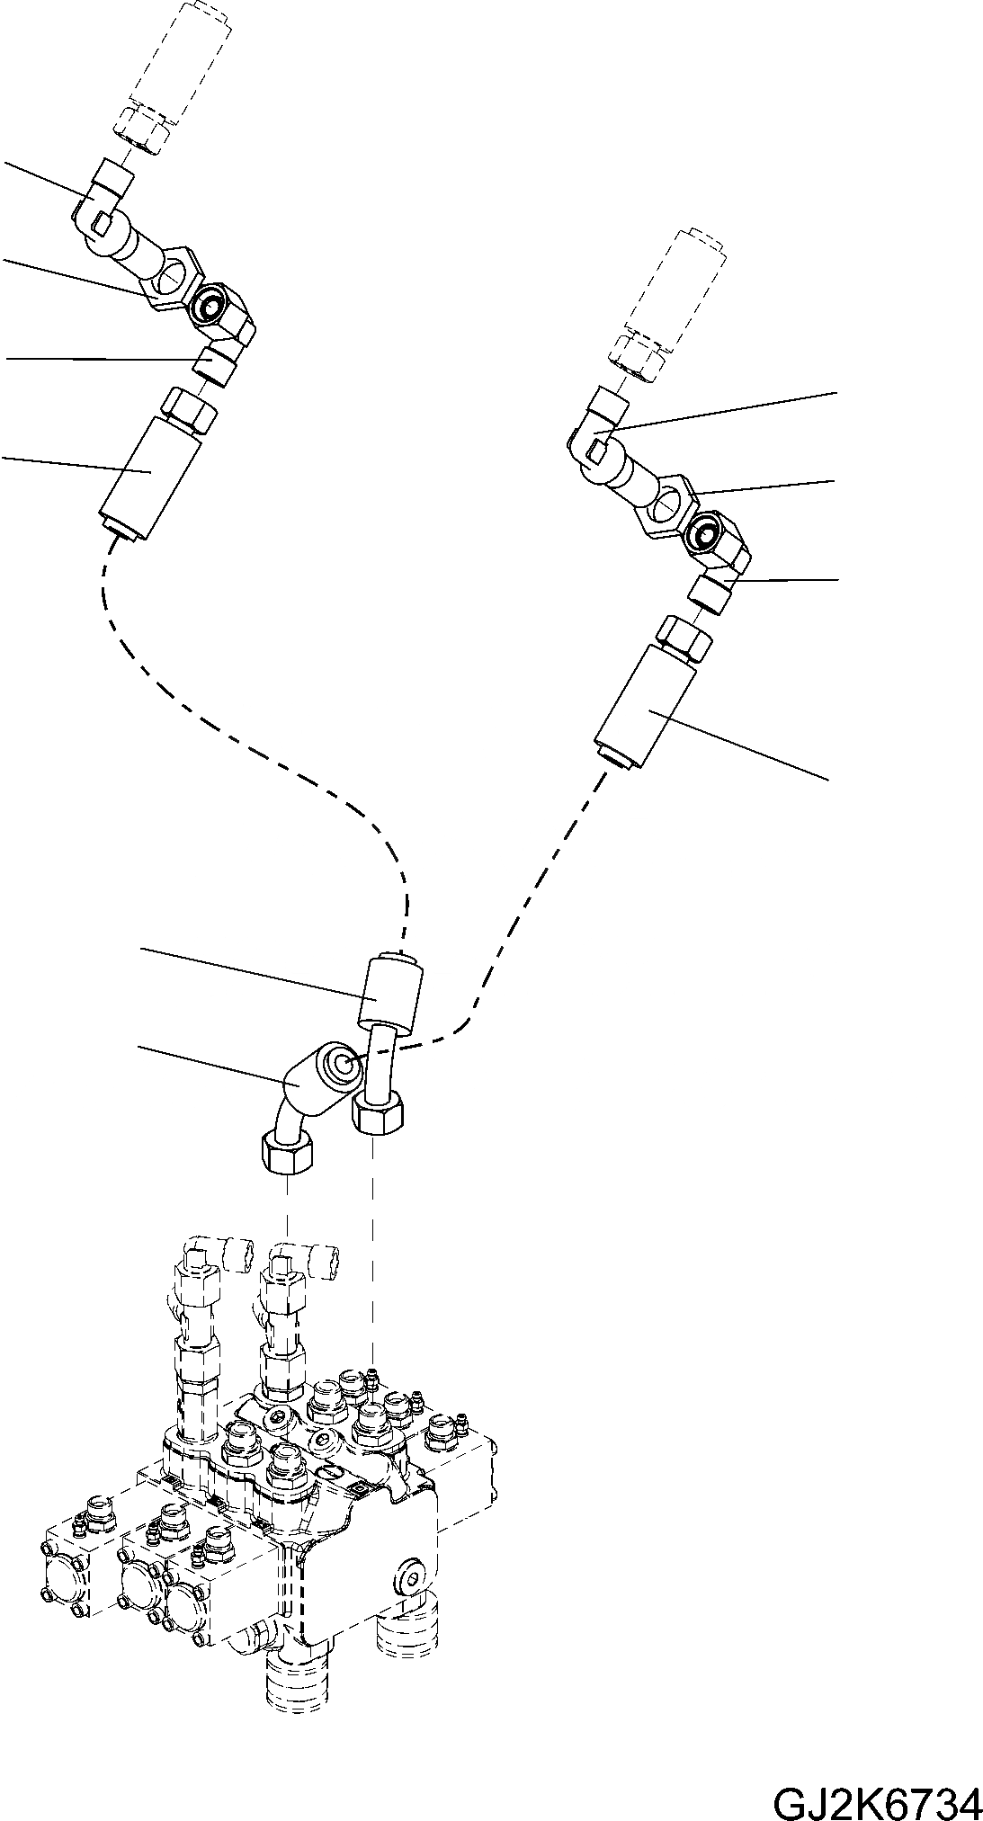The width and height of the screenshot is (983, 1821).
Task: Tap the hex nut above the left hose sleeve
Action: coord(189,409)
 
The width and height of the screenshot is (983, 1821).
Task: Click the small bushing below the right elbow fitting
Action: coord(711,594)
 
